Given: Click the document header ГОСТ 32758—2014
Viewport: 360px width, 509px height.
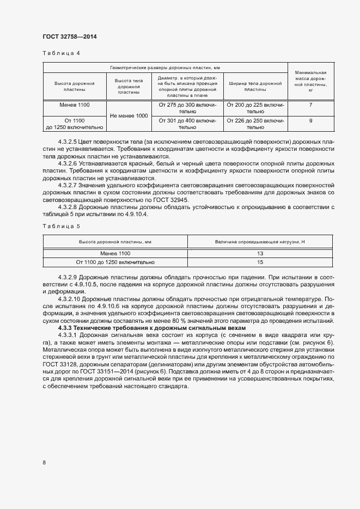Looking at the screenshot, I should tap(70, 37).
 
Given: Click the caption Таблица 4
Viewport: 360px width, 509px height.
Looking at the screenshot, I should tap(61, 53).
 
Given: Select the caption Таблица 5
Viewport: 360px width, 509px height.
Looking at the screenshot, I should tap(61, 225).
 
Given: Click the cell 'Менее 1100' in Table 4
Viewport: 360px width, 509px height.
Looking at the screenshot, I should tap(75, 104).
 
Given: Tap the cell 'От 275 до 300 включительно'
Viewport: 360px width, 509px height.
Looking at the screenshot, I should tap(187, 108).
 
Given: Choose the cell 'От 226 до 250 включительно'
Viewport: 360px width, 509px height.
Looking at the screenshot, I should tap(255, 124).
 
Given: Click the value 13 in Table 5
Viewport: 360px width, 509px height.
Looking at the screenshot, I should tap(260, 254).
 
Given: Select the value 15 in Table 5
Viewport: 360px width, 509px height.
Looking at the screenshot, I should tap(260, 262).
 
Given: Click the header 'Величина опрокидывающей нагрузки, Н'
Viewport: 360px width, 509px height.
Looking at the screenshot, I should tap(260, 240).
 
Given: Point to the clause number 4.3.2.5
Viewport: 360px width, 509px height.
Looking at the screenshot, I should tap(68, 142).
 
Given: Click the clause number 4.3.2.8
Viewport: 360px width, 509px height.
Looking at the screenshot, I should tap(68, 206).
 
